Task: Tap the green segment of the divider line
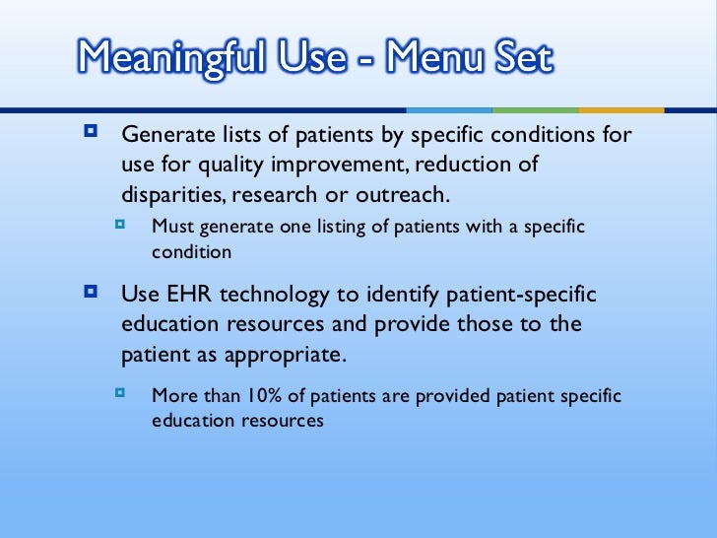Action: (x=535, y=109)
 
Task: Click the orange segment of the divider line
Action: (x=620, y=109)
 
